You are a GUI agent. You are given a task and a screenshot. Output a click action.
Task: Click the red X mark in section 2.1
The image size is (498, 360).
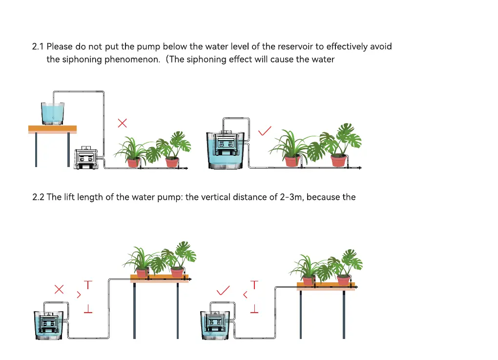(x=123, y=123)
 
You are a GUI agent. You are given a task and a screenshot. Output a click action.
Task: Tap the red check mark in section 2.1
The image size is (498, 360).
(x=265, y=131)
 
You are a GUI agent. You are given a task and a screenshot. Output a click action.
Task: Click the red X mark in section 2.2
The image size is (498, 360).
(x=59, y=289)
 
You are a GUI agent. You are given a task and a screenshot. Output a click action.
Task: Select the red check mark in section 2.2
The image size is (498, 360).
(x=223, y=291)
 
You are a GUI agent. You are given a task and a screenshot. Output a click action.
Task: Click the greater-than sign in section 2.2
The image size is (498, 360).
(x=79, y=295)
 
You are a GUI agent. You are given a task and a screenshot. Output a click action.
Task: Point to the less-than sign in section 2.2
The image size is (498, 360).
(x=245, y=295)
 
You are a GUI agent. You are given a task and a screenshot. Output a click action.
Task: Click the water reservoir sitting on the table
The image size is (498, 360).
(x=52, y=113)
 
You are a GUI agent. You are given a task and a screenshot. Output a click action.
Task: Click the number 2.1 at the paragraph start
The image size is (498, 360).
(x=38, y=47)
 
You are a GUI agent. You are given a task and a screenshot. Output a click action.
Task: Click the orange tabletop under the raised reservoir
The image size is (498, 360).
(x=52, y=129)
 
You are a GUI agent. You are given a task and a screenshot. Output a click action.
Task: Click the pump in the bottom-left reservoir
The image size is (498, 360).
(x=49, y=323)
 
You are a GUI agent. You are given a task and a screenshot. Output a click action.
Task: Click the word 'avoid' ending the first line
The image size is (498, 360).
(x=381, y=47)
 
